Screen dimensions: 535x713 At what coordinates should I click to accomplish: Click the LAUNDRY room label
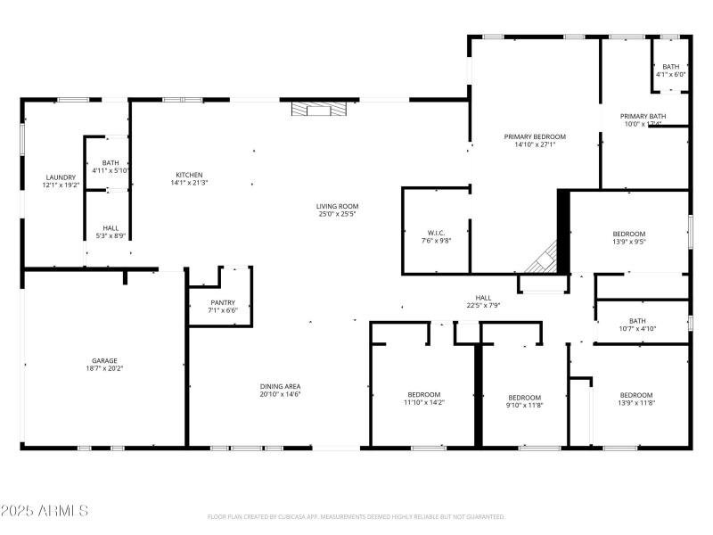coord(61,177)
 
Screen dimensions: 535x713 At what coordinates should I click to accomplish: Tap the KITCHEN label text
coord(189,175)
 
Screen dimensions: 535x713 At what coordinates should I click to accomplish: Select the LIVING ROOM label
coord(338,206)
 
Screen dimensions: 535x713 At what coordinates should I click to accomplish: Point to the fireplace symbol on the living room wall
coord(318,110)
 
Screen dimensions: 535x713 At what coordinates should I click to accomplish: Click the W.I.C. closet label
coord(436,232)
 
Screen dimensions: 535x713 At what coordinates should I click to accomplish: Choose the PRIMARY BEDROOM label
coord(535,136)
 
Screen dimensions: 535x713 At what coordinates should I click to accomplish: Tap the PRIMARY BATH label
coord(643,116)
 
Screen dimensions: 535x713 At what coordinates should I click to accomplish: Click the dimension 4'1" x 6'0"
coord(670,75)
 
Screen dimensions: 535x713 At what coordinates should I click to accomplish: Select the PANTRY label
coord(222,302)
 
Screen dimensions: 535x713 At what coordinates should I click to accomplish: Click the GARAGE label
coord(104,360)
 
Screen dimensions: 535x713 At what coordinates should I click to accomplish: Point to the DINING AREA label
coord(280,386)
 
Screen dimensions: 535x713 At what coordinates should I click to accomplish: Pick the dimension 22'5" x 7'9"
coord(482,306)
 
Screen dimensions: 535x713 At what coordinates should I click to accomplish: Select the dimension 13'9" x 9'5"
coord(629,242)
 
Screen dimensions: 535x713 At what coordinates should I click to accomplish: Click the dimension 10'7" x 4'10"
coord(637,329)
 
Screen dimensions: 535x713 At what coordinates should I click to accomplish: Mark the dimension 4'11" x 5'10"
coord(111,170)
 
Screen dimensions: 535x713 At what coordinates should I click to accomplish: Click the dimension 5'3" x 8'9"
coord(111,235)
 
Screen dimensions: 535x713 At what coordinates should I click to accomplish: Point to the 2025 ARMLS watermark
coord(45,511)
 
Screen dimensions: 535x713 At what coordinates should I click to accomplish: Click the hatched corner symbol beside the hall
coord(542,261)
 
